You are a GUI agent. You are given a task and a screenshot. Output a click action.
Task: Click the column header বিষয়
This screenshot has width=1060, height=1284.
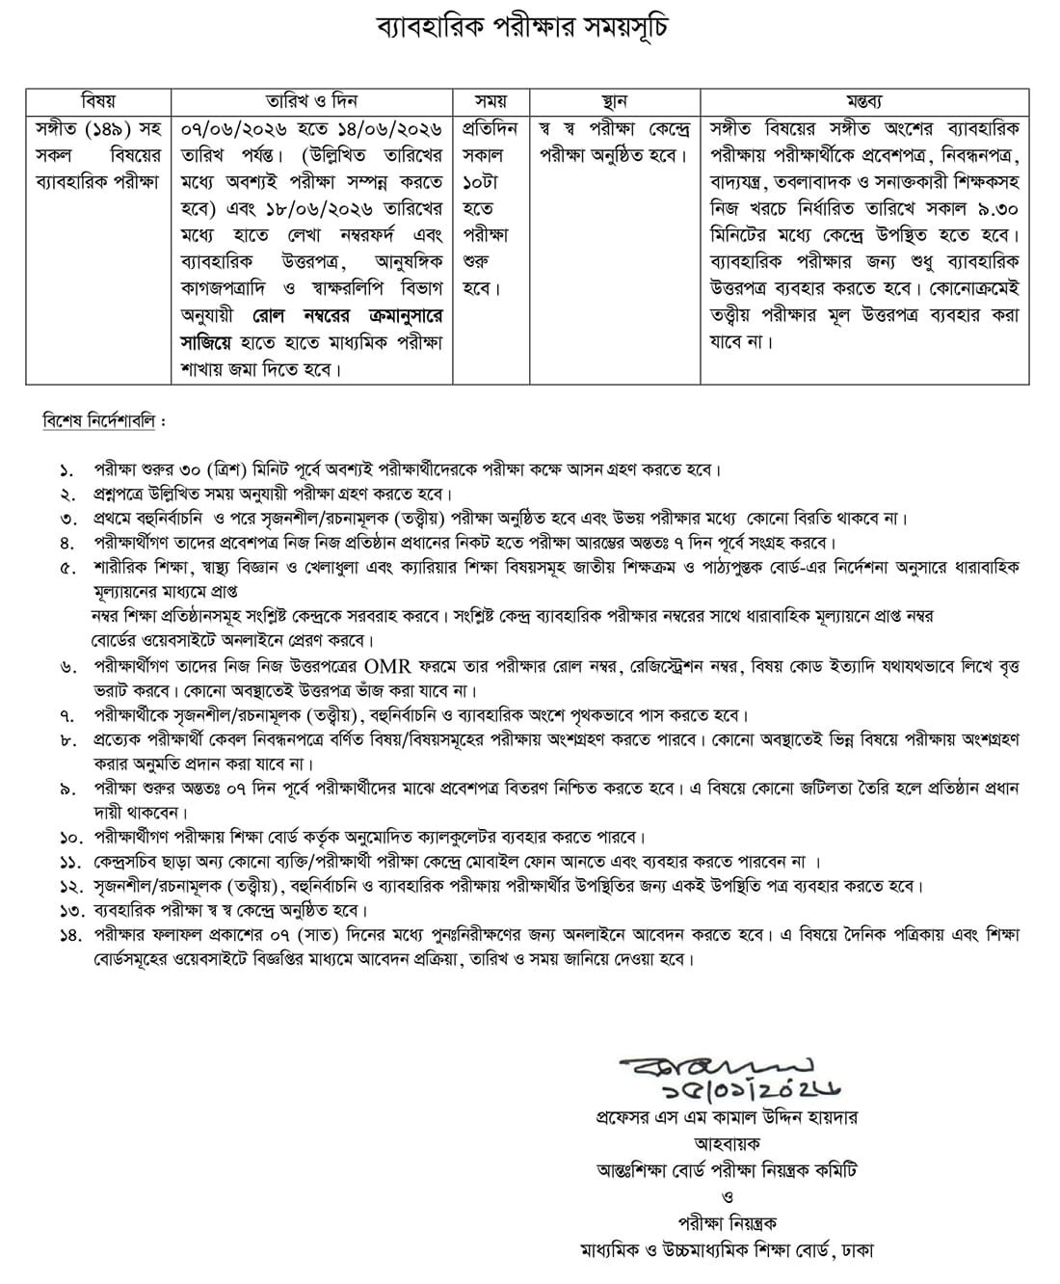98,101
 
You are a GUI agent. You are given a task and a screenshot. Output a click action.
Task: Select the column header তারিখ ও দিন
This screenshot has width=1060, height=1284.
311,101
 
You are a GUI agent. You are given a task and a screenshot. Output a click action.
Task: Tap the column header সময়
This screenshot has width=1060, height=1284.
490,101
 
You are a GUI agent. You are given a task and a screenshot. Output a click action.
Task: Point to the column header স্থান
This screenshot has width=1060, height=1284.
614,101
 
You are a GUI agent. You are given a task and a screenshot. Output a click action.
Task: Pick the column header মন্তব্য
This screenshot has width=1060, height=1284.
864,101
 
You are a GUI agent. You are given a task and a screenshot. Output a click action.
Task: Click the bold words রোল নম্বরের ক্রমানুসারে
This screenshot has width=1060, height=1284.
349,315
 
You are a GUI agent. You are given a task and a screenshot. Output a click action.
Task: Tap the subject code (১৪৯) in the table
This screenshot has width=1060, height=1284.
114,128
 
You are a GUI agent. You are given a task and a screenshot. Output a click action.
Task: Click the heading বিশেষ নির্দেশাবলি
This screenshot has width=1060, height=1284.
104,422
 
